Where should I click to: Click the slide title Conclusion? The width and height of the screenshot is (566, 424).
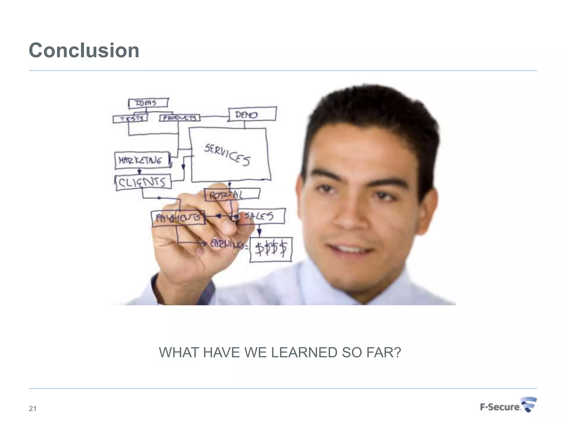coord(84,51)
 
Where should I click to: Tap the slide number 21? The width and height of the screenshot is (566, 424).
coord(33,409)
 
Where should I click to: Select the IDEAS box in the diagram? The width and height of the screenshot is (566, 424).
coord(148,103)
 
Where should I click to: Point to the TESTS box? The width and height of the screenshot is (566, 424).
coord(130,119)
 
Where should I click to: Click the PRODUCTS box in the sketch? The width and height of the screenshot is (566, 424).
coord(180,118)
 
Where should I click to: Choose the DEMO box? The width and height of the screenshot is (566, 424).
coord(252,114)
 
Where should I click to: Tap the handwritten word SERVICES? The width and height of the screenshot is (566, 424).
coord(227,155)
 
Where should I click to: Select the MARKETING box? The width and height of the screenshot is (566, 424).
coord(142,160)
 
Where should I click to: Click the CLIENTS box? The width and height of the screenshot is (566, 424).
coord(143,182)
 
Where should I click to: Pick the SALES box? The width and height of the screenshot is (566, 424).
coord(261,216)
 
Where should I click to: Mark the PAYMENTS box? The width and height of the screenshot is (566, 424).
coord(178,218)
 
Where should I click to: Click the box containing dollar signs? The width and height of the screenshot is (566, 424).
coord(271,249)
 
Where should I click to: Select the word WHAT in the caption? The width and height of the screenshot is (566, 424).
coord(179,353)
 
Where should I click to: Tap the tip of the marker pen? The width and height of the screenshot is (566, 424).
coord(235,218)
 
